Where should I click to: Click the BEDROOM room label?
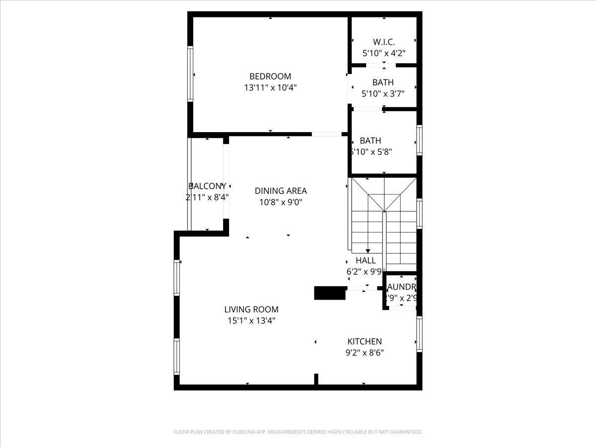(270, 76)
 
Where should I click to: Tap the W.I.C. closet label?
(384, 42)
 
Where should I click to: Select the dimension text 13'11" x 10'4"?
(270, 88)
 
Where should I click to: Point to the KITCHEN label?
(365, 341)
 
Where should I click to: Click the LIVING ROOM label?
(251, 309)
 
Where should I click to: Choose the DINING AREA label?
(281, 191)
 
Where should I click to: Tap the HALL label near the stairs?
(366, 260)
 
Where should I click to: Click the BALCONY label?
(207, 186)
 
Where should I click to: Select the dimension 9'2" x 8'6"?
(365, 353)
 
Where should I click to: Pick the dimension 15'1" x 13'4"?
(251, 321)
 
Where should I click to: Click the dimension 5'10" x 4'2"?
(384, 53)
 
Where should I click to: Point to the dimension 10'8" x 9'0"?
(281, 202)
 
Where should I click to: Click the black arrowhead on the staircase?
(368, 251)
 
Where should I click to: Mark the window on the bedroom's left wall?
(190, 74)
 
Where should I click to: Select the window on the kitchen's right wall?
(420, 334)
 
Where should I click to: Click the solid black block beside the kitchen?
(330, 293)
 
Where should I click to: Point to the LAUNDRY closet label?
(401, 287)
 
